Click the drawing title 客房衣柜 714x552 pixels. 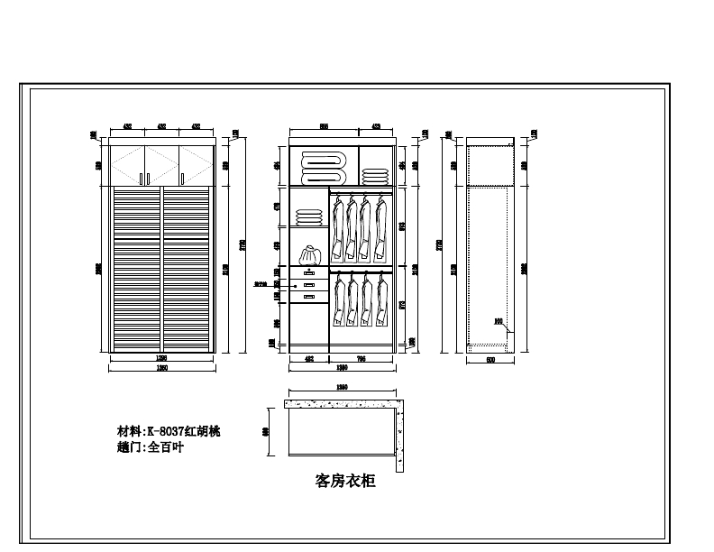pos(345,482)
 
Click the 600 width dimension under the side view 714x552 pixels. pos(490,359)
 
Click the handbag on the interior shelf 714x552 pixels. pos(310,254)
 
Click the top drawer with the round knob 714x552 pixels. pos(309,272)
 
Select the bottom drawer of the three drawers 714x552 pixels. pos(309,296)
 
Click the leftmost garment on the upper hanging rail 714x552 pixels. pos(338,225)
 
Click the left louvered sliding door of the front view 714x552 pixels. pos(134,268)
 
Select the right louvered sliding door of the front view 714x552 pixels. pos(188,268)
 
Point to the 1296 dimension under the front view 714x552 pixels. pos(161,358)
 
